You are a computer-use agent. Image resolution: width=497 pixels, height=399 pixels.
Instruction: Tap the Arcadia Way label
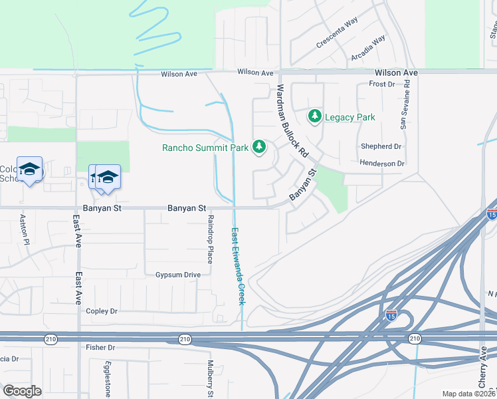coord(369,48)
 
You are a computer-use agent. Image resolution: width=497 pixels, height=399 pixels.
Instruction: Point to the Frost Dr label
coord(382,84)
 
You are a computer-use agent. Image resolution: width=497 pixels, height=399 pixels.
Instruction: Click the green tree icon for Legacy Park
coord(315,117)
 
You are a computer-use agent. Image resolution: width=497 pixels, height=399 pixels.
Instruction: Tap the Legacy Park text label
coord(350,118)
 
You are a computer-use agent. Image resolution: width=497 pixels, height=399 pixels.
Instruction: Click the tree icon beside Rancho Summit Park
coord(258,147)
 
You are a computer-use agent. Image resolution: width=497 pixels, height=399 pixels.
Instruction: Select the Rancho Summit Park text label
coord(205,147)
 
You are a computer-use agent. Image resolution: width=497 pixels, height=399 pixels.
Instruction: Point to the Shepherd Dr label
coord(381,146)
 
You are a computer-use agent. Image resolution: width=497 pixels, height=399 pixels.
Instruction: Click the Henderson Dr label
coord(382,164)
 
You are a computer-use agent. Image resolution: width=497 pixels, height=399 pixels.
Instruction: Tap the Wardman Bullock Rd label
coord(293,120)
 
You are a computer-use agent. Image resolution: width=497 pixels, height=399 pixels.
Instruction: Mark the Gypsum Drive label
coord(178,275)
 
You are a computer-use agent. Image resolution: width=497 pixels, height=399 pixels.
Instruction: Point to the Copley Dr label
coord(102,311)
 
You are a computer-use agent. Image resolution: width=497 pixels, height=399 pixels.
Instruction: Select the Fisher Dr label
coord(100,348)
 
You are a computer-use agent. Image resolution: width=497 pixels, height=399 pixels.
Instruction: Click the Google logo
coord(22,391)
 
